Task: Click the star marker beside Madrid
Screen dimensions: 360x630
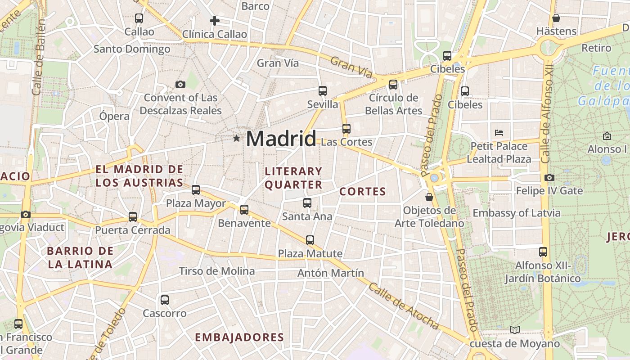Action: click(x=236, y=138)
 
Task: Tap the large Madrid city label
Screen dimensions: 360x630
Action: click(x=281, y=138)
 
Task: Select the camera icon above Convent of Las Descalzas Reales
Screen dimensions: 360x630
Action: click(x=180, y=84)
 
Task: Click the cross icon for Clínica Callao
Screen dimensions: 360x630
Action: click(x=215, y=20)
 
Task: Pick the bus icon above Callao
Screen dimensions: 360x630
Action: click(x=139, y=18)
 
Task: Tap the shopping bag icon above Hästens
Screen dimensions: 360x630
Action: click(x=556, y=18)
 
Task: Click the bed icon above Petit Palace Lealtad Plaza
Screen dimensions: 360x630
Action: click(x=499, y=133)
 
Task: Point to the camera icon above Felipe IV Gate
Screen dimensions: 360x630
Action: click(x=549, y=177)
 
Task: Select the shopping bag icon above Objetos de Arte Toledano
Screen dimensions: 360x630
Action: click(x=429, y=197)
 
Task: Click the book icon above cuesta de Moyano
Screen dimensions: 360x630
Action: click(x=515, y=330)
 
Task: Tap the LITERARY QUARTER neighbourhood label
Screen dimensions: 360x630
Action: click(x=293, y=178)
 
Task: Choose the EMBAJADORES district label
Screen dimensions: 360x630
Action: click(x=239, y=337)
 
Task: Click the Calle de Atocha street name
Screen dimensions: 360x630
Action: click(x=403, y=306)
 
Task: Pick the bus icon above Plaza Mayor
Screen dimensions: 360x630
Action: click(x=196, y=190)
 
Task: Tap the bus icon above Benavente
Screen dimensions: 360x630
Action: click(x=244, y=210)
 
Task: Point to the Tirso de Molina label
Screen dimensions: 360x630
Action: click(x=217, y=271)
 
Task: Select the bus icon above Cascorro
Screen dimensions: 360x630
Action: click(x=165, y=300)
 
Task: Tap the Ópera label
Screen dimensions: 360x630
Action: click(x=114, y=116)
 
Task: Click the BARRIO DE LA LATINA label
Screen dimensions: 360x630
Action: click(x=80, y=257)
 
